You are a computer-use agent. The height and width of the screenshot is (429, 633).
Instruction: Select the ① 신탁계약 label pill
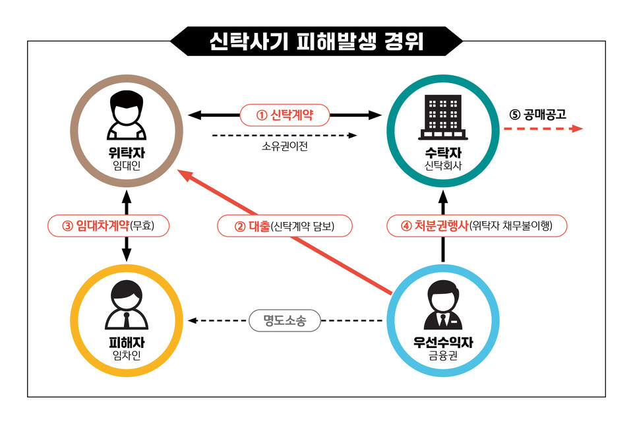285,115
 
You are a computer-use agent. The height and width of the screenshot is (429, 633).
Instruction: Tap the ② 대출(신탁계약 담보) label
285,227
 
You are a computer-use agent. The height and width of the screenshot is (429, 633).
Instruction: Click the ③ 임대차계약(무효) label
109,227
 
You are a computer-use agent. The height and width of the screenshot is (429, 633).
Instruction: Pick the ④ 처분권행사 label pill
476,227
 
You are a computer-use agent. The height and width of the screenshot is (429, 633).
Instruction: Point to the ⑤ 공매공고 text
537,114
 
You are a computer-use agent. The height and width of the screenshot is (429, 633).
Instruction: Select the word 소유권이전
284,146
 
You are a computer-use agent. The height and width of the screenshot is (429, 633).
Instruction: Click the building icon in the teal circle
442,117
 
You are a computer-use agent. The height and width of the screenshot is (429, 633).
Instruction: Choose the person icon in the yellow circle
127,306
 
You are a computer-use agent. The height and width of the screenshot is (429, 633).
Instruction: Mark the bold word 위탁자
127,153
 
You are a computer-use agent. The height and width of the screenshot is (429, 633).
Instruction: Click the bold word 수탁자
442,153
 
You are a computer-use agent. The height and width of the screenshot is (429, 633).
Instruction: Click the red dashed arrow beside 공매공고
544,129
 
